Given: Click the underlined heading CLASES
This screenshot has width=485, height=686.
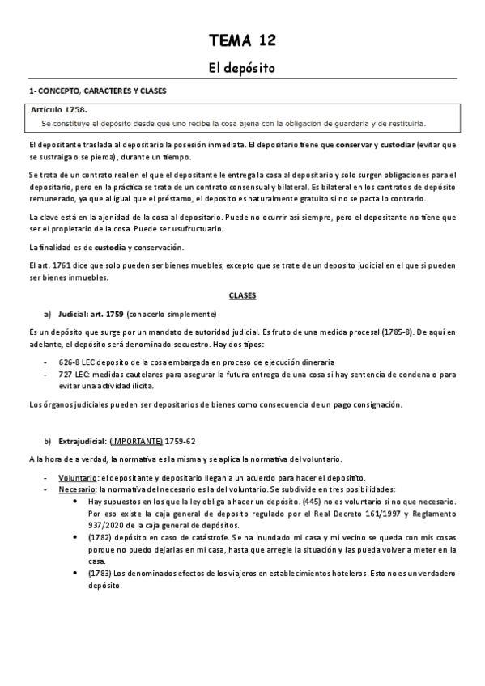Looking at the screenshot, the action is pos(242,296).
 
